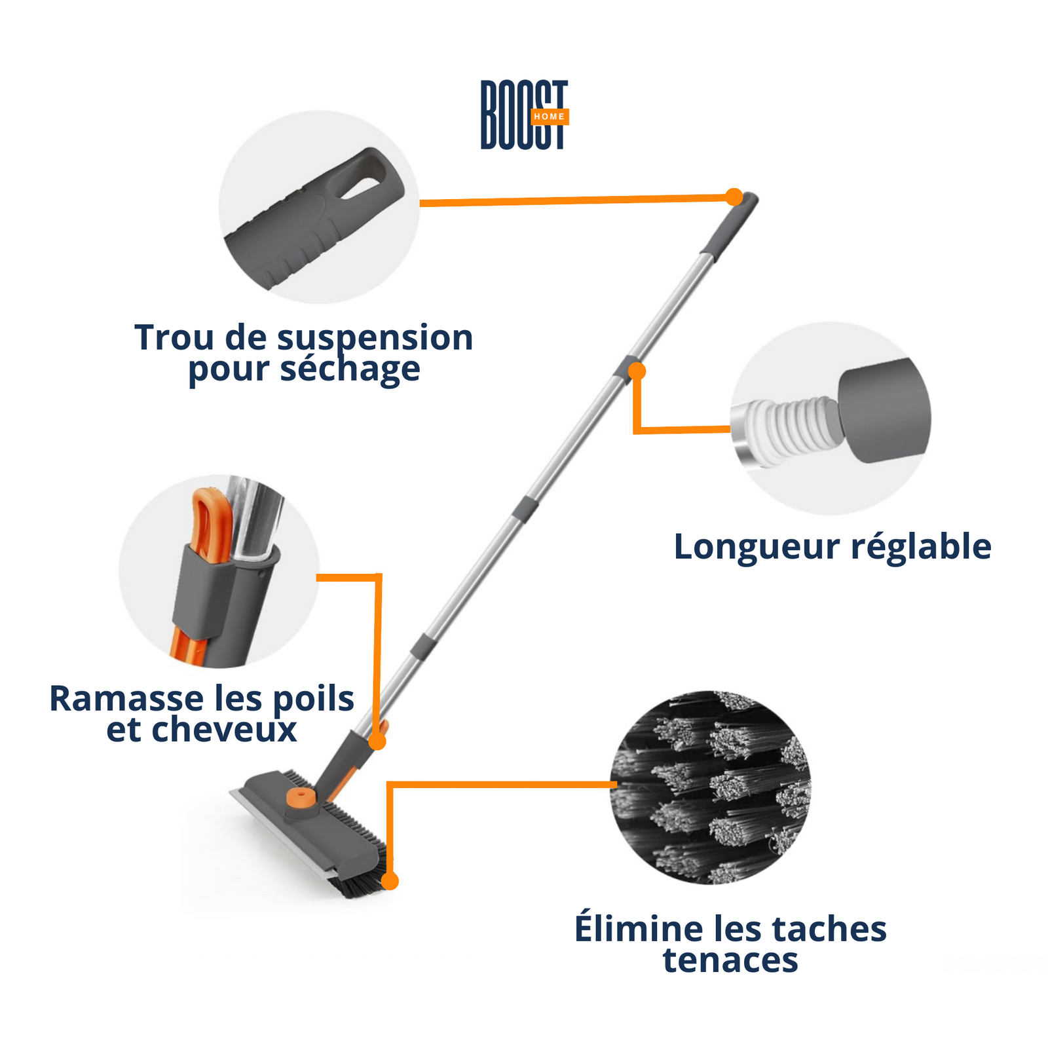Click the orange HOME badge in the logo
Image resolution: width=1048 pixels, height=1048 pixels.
tap(550, 117)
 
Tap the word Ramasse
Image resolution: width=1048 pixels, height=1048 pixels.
tap(117, 699)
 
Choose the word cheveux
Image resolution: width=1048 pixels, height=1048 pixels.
tap(224, 730)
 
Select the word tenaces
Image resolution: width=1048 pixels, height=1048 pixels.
tap(730, 960)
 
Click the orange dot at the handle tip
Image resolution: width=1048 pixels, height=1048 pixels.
tap(734, 197)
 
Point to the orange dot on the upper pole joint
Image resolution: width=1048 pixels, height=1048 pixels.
tap(637, 371)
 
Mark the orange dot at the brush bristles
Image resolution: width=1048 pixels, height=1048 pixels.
tap(390, 881)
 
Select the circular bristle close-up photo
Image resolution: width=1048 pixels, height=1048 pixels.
tap(711, 787)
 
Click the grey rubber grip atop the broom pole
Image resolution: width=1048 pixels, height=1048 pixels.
tap(729, 225)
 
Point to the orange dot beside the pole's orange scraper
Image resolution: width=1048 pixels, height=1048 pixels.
tap(377, 741)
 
